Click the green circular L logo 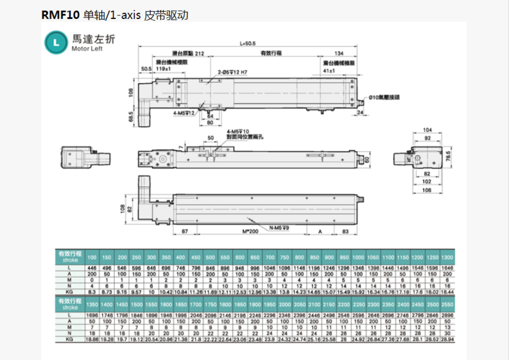coord(56,43)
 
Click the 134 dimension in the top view coord(339,53)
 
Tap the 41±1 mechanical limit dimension coord(329,70)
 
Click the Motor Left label coord(88,50)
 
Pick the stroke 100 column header coord(92,258)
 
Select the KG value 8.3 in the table coord(92,292)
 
